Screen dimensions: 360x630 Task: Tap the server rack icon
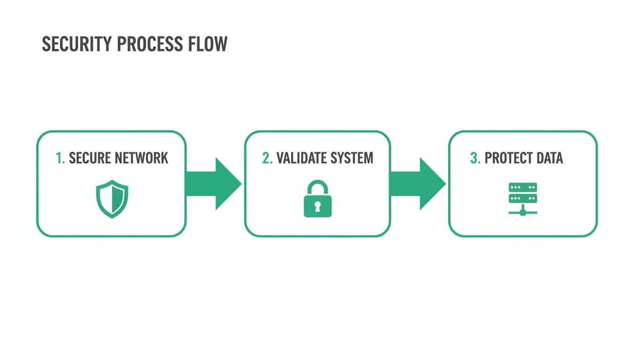pyautogui.click(x=523, y=198)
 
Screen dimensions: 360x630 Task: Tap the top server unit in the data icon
pyautogui.click(x=523, y=187)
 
